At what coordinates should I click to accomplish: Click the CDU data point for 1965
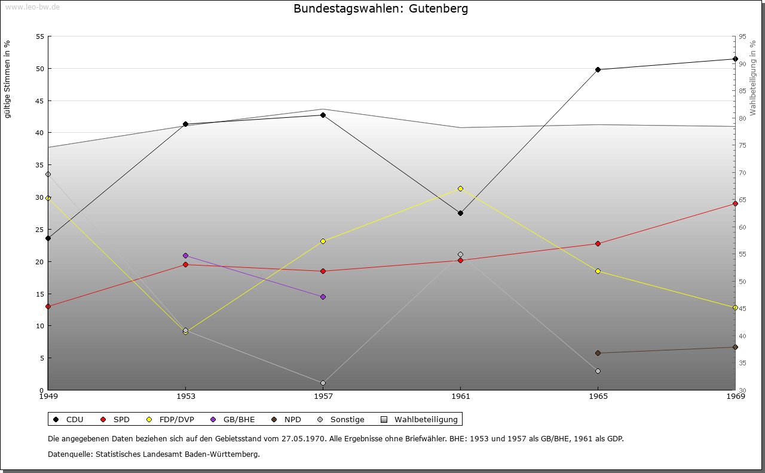coord(598,69)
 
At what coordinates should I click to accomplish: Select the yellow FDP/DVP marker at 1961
coord(460,188)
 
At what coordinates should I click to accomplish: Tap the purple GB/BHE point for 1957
coord(323,297)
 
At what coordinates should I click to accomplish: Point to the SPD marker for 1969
coord(735,203)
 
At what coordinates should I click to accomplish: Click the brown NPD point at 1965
coord(598,353)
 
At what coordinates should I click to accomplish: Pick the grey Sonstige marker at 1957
coord(323,383)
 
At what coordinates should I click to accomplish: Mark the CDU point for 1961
coord(460,213)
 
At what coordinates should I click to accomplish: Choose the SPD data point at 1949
coord(48,306)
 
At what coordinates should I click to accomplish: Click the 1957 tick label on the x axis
coord(323,396)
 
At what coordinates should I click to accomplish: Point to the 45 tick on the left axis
coord(39,100)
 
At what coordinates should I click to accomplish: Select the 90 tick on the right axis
coord(742,63)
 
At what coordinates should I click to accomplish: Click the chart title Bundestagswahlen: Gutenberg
coord(381,9)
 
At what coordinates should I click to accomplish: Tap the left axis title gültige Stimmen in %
coord(8,79)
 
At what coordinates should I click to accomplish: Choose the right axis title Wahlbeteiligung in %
coord(752,78)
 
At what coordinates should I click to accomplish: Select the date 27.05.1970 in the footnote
coord(302,438)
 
